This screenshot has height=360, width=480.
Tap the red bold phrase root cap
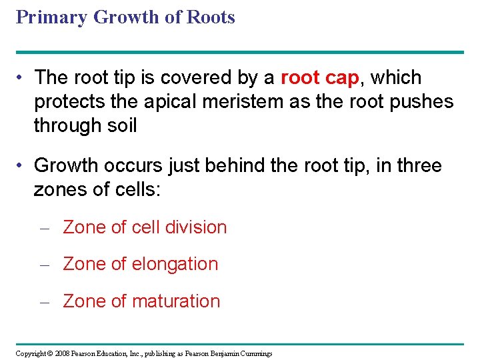(320, 78)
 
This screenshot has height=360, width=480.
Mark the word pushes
(421, 101)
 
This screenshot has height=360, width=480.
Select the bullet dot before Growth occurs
(22, 165)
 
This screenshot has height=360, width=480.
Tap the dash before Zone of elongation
(45, 265)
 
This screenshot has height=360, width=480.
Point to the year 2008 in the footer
(64, 353)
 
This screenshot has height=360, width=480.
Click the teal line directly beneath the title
(240, 52)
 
